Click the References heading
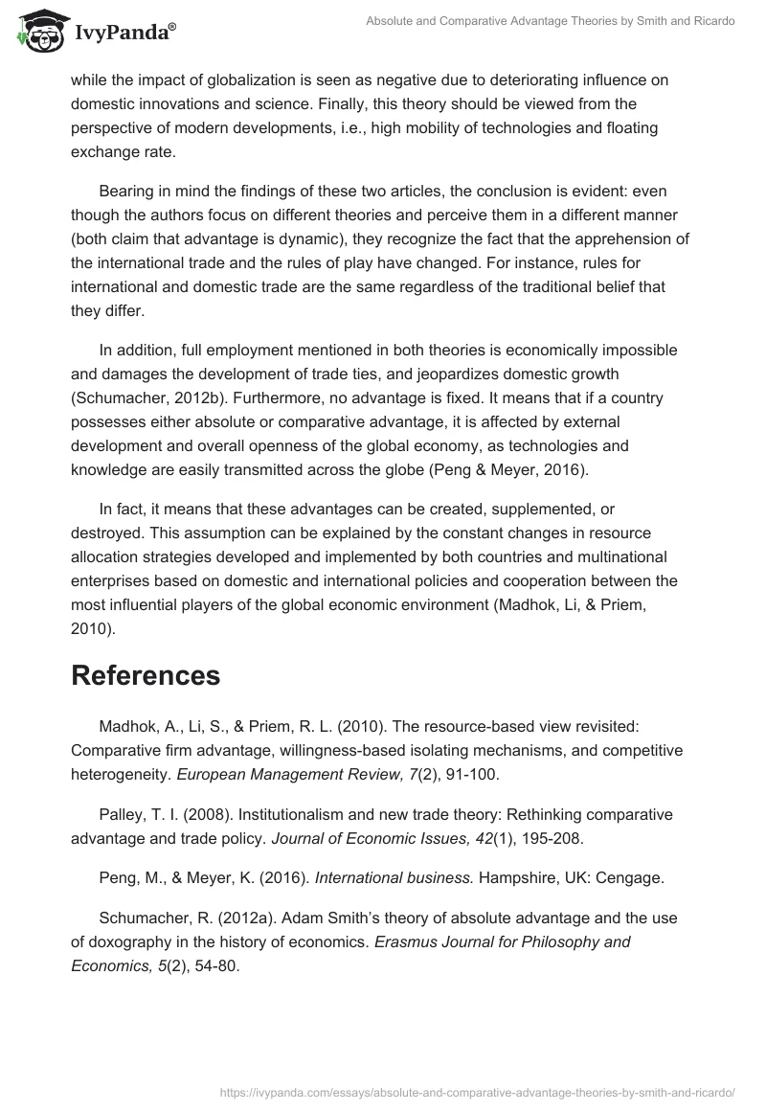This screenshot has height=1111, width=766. click(146, 674)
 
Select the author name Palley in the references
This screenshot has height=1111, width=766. click(123, 814)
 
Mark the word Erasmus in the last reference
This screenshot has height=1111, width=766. click(405, 941)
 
